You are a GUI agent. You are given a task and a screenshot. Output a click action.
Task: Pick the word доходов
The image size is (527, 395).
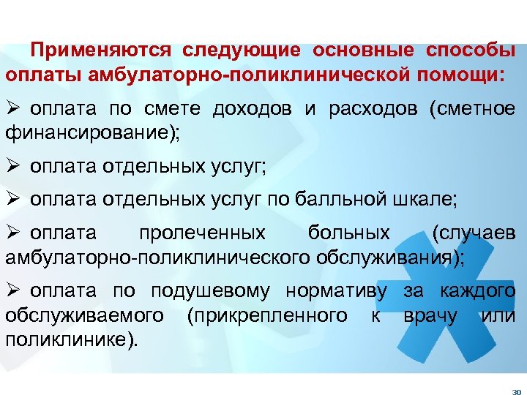(x=253, y=109)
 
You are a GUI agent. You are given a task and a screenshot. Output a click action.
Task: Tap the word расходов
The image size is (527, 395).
(x=373, y=109)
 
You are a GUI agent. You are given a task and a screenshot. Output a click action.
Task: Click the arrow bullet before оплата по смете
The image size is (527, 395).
(x=12, y=109)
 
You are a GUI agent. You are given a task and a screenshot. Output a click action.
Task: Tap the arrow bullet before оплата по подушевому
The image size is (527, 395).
(x=12, y=291)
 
